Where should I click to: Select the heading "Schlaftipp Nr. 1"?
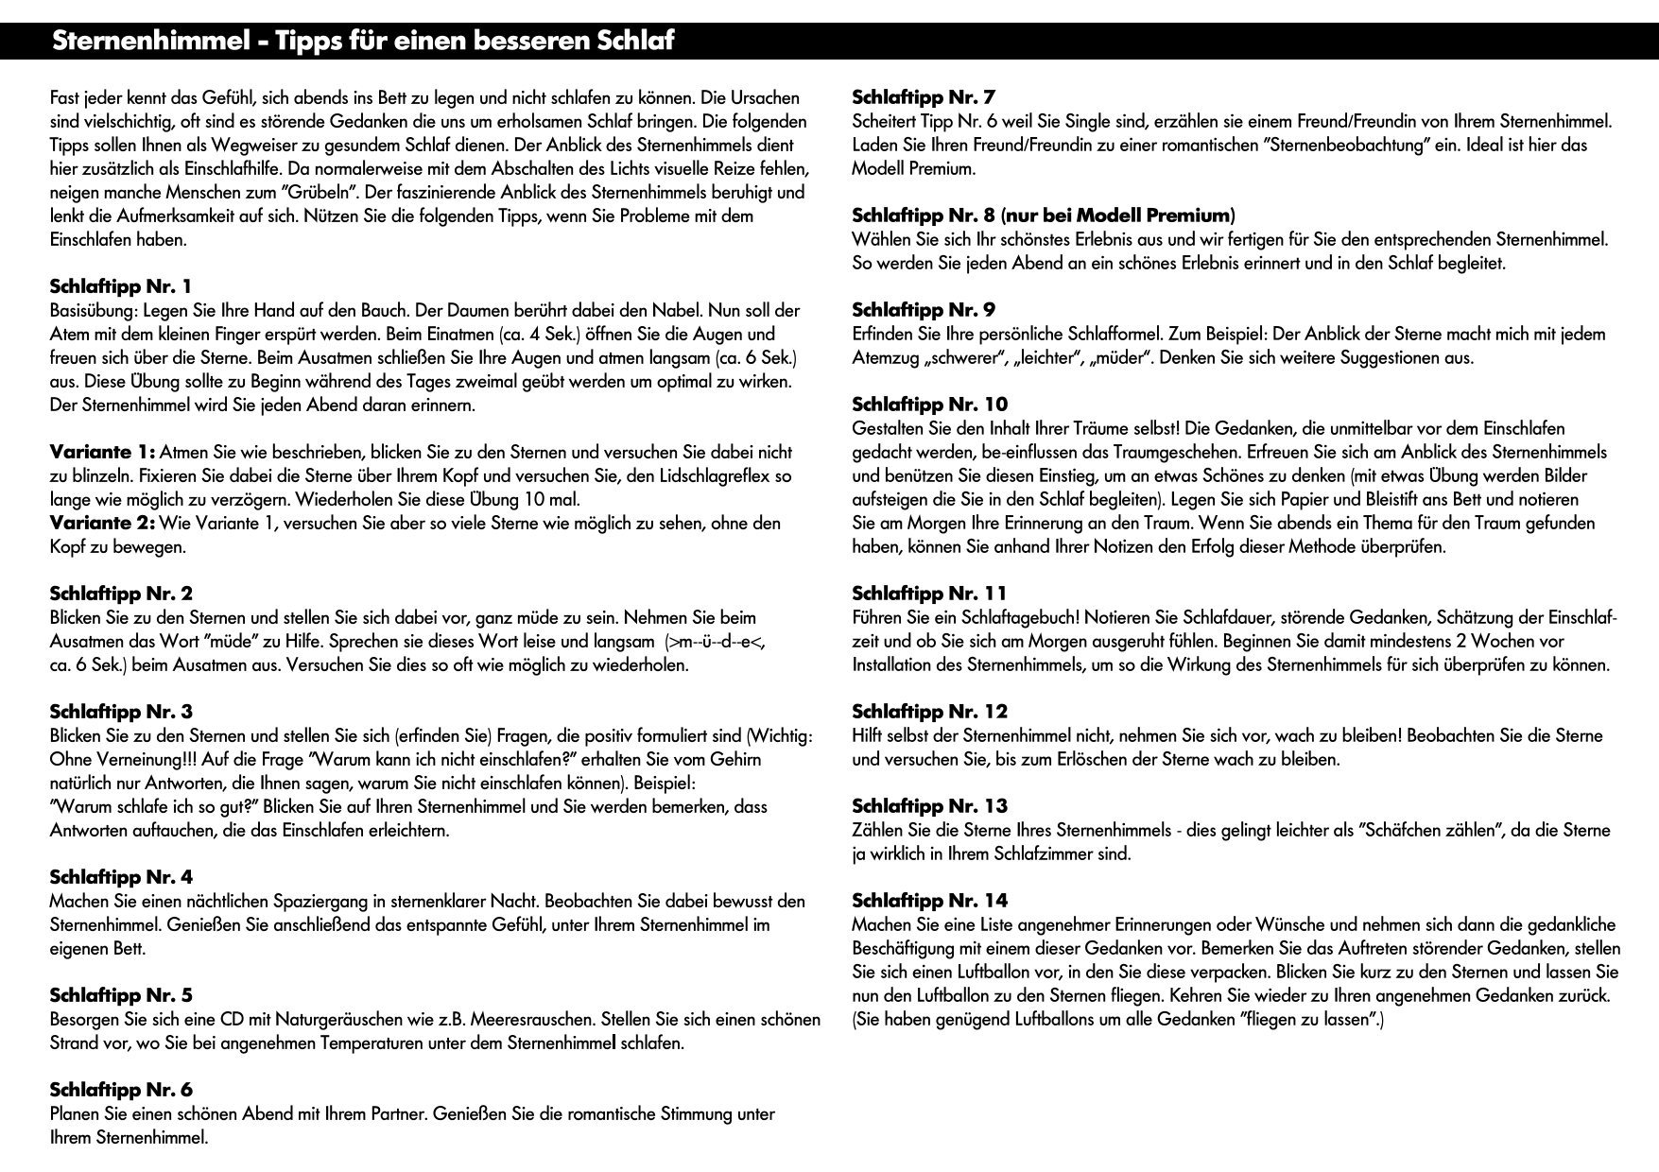(120, 286)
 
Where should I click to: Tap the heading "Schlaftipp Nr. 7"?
(924, 96)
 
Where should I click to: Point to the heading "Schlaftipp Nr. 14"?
(929, 901)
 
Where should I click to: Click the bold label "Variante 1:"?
(102, 452)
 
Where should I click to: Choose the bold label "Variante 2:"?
(102, 523)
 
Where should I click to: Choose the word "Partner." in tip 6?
(397, 1114)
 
